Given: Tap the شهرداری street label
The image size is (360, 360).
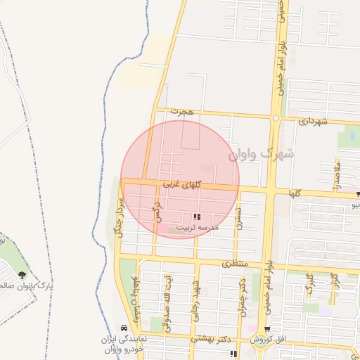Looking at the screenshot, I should (x=313, y=121).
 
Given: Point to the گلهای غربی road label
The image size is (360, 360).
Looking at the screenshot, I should (x=182, y=184).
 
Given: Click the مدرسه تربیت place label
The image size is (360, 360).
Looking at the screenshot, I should (x=197, y=228).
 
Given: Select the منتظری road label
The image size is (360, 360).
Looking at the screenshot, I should (x=236, y=265).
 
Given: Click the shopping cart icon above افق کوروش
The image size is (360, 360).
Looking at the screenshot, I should (x=267, y=329).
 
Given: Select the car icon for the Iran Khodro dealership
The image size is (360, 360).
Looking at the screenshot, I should (x=124, y=328).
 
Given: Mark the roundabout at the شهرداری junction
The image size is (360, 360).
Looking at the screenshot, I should (x=276, y=117).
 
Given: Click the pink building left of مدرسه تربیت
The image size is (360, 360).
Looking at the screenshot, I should (x=162, y=229).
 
